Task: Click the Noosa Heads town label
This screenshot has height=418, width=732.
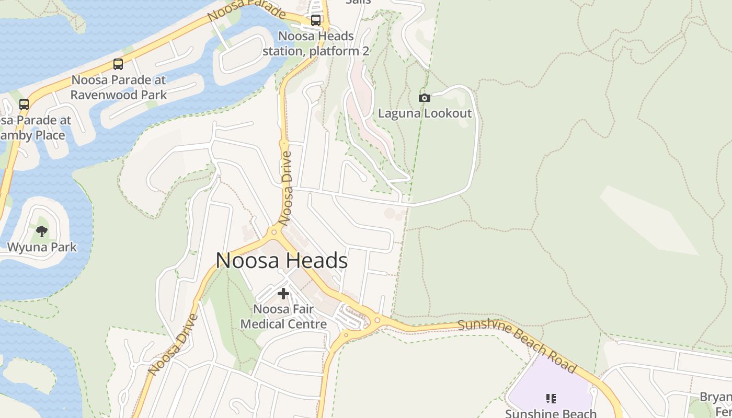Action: (281, 260)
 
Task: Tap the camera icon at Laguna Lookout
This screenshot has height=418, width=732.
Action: (425, 98)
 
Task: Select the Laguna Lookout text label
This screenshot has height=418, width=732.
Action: (425, 113)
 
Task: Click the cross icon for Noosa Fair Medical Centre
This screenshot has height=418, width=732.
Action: (283, 294)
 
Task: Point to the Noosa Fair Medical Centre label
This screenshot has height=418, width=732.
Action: (283, 317)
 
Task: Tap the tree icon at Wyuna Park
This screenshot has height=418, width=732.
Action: (42, 231)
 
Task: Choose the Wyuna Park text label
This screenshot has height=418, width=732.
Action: (42, 247)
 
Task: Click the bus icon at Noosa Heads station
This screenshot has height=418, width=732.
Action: (316, 20)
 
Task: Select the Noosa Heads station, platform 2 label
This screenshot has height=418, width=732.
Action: (316, 44)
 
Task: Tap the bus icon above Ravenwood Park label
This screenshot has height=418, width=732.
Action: (118, 64)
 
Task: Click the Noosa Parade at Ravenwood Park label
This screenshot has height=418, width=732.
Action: (119, 87)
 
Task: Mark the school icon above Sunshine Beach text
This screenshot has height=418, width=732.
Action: (551, 399)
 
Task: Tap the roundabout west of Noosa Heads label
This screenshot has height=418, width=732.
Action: (273, 232)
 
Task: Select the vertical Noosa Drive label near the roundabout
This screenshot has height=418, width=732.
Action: (285, 188)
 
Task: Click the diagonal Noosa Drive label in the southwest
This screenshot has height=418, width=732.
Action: (173, 345)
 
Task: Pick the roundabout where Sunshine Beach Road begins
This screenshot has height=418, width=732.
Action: (378, 320)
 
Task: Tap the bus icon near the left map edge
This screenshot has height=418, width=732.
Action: (24, 104)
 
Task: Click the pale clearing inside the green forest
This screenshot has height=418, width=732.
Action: (648, 219)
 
